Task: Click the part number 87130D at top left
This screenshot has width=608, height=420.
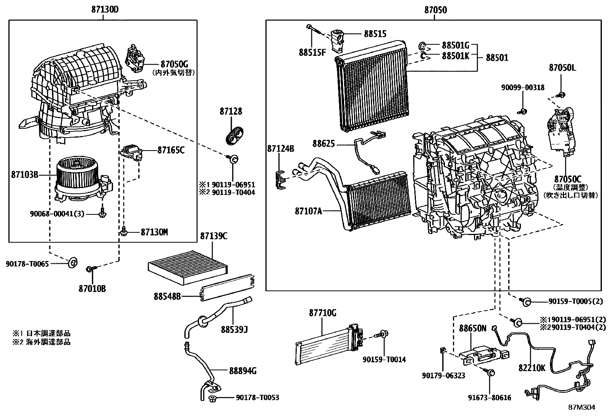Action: (x=105, y=10)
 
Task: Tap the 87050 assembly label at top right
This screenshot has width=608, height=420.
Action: (x=435, y=10)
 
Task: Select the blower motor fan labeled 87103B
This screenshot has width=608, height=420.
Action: (x=83, y=180)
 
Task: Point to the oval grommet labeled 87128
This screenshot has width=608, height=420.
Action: (x=234, y=135)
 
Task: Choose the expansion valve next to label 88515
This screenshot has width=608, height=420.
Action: (x=337, y=41)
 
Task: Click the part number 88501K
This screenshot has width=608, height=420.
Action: (x=456, y=56)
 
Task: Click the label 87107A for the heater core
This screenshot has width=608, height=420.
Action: (x=308, y=211)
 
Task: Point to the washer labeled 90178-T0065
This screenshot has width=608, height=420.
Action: (x=73, y=263)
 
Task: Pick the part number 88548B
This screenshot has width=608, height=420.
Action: (x=167, y=296)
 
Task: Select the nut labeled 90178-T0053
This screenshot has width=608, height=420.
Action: (x=212, y=399)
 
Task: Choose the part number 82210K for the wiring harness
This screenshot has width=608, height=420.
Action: (x=532, y=368)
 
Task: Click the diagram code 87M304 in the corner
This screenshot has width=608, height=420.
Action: (x=582, y=407)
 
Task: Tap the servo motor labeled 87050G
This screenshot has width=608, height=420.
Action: (x=135, y=59)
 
